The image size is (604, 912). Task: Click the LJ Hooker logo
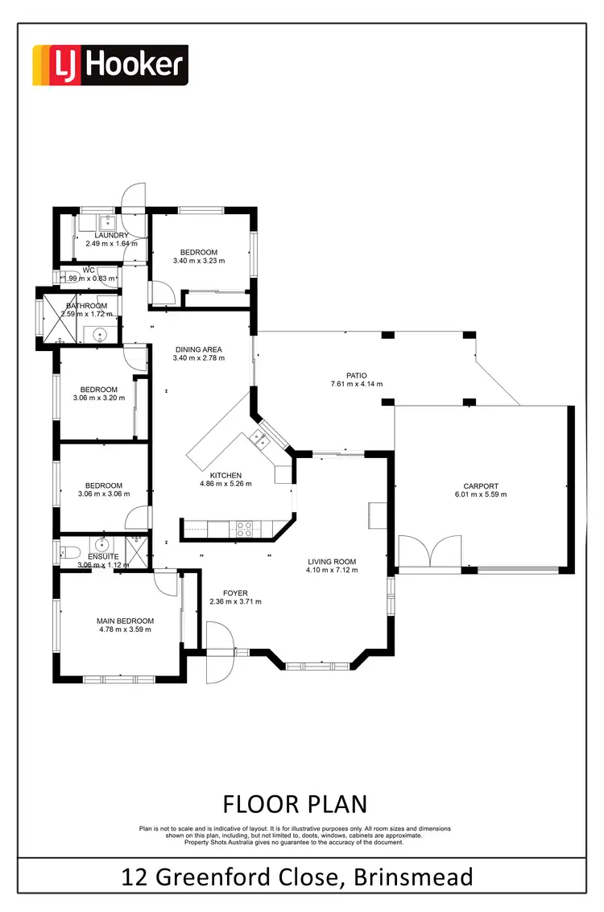click(x=110, y=65)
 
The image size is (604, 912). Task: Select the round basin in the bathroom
click(x=101, y=333)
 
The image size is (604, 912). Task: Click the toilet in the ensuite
click(x=68, y=552)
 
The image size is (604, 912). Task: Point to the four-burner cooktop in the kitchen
click(x=244, y=529)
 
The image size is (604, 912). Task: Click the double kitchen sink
click(x=259, y=439)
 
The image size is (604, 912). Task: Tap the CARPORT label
click(x=481, y=486)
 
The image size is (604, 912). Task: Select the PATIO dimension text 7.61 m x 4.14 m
click(x=356, y=384)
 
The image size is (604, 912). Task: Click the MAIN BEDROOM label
click(x=125, y=621)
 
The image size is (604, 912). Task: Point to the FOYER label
click(x=235, y=593)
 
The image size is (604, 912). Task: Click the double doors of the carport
click(x=432, y=554)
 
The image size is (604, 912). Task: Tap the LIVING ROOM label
click(x=331, y=562)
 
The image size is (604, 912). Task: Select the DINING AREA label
click(x=199, y=349)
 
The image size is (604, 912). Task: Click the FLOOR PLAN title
click(x=295, y=803)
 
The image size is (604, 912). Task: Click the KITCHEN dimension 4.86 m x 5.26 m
click(x=225, y=484)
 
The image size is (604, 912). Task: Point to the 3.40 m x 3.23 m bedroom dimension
click(x=199, y=261)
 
